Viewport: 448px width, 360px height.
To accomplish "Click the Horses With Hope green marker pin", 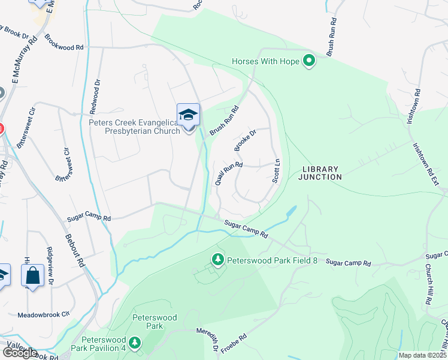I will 309,61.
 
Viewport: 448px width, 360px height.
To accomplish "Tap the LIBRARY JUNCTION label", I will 321,173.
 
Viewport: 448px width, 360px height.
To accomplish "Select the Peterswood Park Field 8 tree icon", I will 218,260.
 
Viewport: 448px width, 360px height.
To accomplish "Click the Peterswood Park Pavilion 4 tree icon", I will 135,343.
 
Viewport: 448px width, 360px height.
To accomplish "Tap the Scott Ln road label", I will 276,171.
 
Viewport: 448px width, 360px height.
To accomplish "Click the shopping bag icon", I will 32,276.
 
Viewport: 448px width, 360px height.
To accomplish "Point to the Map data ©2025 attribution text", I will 422,355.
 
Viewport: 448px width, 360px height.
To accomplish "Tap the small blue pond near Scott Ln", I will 291,211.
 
